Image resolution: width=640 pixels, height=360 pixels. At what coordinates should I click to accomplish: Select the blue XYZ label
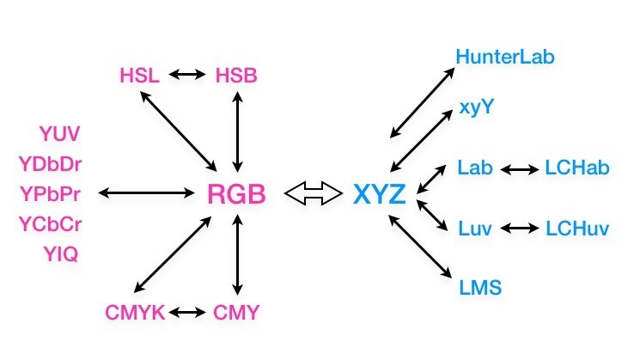click(x=378, y=193)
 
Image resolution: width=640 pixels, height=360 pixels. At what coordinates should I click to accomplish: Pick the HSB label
click(x=236, y=76)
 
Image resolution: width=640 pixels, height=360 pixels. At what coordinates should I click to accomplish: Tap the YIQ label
click(x=60, y=253)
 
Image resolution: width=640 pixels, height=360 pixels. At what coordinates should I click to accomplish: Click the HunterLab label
click(x=506, y=58)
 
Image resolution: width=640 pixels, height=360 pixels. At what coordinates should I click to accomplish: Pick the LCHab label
click(x=577, y=168)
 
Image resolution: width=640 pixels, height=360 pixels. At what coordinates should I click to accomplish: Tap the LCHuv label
click(x=577, y=229)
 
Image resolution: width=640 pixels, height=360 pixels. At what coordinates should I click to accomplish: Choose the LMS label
click(x=479, y=286)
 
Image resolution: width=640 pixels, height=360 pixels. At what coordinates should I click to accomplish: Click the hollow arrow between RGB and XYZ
click(x=314, y=193)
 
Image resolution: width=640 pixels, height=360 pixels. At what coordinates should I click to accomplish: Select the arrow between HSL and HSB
click(x=188, y=76)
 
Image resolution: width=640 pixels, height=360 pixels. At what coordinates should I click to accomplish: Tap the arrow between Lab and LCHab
click(x=519, y=169)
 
